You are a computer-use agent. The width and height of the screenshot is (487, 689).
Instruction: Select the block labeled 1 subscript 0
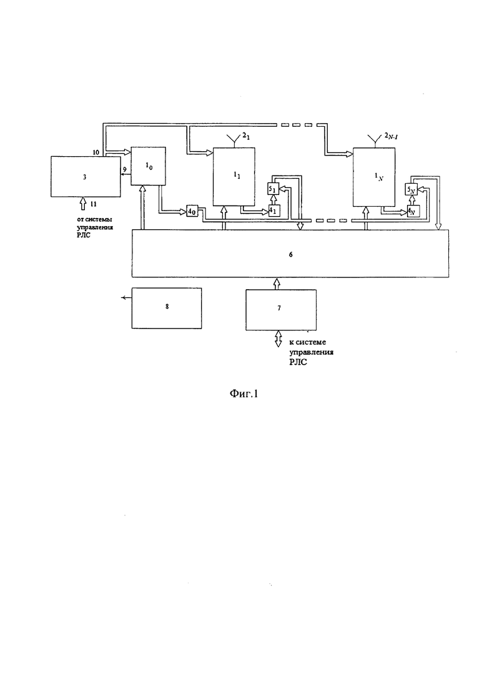click(148, 166)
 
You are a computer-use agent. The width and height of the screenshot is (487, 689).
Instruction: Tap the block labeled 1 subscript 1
click(234, 177)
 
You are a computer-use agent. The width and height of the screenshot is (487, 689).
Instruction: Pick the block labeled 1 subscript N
click(373, 177)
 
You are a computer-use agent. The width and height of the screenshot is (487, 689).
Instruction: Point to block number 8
click(167, 307)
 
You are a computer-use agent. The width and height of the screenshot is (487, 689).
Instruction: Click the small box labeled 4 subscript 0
click(192, 209)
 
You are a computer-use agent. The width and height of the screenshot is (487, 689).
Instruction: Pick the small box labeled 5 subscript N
click(411, 189)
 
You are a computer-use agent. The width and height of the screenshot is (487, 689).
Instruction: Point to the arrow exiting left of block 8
click(125, 298)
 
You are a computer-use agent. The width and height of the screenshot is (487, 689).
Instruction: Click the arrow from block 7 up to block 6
click(278, 284)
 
